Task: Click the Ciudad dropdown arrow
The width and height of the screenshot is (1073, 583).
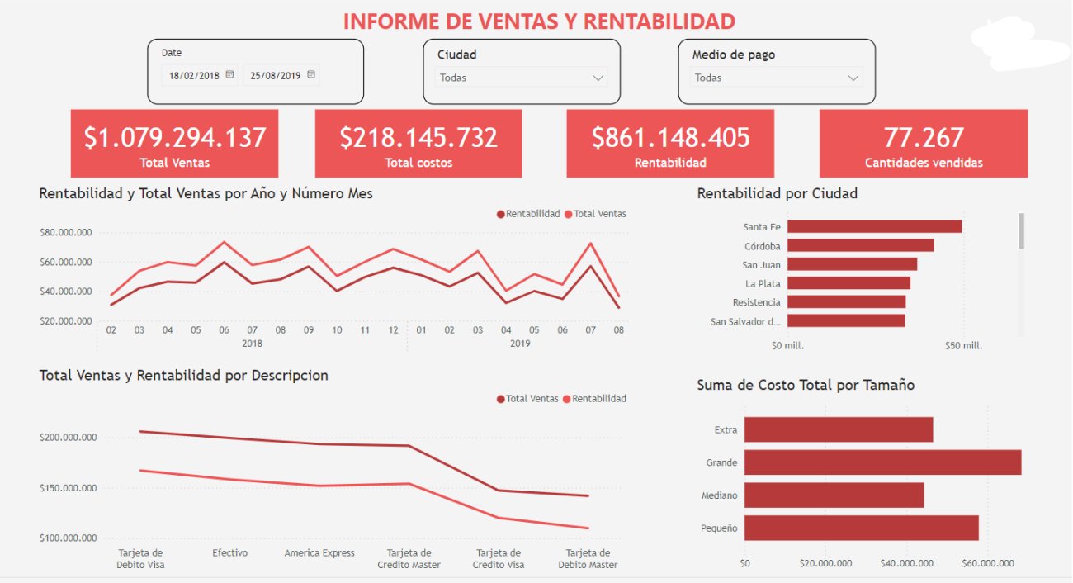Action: tap(598, 78)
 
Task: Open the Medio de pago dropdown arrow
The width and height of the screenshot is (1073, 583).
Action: tap(853, 78)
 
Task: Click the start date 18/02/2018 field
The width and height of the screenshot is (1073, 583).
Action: tap(195, 75)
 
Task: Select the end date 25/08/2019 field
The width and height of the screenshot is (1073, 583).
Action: tap(276, 75)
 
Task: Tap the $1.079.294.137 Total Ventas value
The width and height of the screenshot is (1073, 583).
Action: tap(174, 137)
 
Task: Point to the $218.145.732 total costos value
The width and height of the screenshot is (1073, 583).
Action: tap(418, 137)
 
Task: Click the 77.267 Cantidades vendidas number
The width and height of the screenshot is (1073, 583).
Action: tap(924, 137)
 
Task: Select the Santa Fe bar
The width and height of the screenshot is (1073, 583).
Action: tap(874, 226)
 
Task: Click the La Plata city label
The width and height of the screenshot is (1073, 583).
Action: tap(763, 283)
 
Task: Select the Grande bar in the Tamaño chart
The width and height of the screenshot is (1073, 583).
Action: tap(882, 462)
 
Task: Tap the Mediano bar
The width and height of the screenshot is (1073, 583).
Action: tap(834, 495)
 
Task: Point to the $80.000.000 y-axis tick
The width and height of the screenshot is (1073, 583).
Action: tap(65, 232)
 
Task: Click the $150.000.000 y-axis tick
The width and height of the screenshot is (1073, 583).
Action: tap(68, 488)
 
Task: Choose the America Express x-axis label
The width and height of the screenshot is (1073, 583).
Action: tap(319, 553)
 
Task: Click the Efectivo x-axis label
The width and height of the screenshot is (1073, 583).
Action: tap(229, 553)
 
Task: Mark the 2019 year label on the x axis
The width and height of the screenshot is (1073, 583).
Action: tap(520, 344)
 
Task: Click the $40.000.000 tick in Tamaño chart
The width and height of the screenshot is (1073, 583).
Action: tap(906, 564)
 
